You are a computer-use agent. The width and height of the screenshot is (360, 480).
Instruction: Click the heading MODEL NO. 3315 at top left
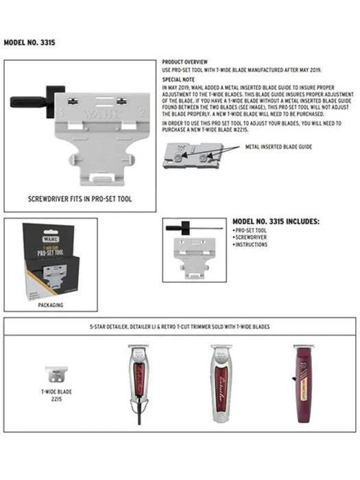(x=29, y=43)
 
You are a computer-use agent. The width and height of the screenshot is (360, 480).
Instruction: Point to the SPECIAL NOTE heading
(x=177, y=80)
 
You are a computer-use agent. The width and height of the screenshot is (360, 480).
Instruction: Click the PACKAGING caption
(x=50, y=304)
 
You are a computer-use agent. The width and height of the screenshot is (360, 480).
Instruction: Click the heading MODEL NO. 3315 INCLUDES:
(x=276, y=222)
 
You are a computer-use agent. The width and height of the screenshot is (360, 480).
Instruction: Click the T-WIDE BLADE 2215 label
(x=56, y=396)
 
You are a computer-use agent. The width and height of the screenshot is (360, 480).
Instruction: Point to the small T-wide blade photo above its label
(x=56, y=373)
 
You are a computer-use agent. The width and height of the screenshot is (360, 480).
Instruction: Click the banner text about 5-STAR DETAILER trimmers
(x=180, y=326)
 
